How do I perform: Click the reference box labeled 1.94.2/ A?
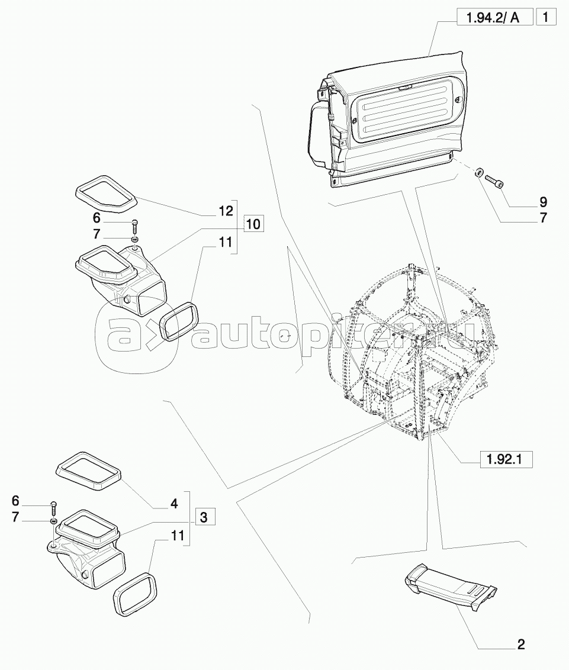494,18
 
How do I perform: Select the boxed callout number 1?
546,18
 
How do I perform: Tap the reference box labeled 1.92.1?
507,460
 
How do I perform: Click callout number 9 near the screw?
543,202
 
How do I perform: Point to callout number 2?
520,645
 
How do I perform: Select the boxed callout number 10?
253,224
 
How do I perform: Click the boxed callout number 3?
204,517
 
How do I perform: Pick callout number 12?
226,211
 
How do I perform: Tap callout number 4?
174,504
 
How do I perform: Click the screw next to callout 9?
496,182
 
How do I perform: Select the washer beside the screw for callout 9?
480,172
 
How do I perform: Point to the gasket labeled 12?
105,193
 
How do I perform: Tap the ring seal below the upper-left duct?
179,321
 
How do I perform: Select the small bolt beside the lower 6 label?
54,507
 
